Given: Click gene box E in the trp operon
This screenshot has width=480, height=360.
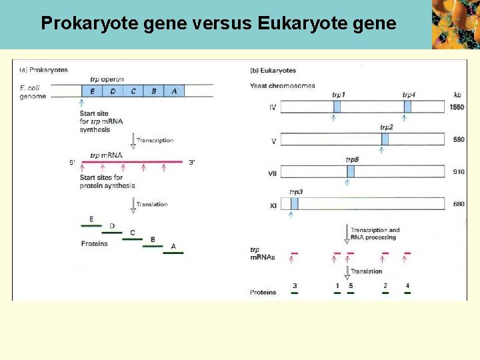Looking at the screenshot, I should (92, 91).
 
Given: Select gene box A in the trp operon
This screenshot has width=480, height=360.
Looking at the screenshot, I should (174, 91).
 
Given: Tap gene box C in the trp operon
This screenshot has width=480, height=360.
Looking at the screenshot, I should (133, 91).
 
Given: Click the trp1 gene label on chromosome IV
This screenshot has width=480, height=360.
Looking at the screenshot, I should (338, 95).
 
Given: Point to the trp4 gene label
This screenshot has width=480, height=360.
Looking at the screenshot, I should (409, 95).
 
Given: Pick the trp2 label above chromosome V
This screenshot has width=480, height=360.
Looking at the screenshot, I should (387, 127).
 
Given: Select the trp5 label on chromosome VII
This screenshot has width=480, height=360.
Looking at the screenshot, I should (352, 159).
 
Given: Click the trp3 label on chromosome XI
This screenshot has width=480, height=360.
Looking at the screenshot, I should (296, 192).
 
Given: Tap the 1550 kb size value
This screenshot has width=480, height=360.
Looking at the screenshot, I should (457, 107).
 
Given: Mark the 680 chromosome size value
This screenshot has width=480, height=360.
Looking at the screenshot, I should (458, 204).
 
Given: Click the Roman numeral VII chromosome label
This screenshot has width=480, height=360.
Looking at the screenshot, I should (273, 172).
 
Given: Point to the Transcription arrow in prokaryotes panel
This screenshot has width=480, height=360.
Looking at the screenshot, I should (133, 141).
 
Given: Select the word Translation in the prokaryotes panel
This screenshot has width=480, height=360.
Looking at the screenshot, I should (152, 205).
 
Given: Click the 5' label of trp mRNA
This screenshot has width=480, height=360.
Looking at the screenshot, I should (73, 163).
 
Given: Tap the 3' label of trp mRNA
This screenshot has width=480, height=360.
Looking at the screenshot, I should (192, 163).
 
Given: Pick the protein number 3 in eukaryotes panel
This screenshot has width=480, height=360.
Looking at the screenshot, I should (295, 286).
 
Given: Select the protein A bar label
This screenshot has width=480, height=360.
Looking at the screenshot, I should (173, 247).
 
